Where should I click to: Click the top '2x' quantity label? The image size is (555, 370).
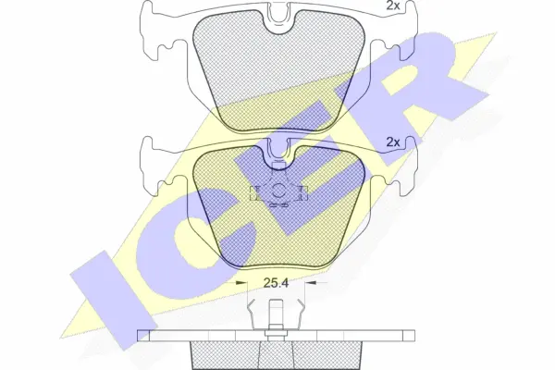click(392, 6)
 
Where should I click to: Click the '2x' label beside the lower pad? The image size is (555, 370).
click(392, 142)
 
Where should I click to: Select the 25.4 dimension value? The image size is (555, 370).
click(276, 283)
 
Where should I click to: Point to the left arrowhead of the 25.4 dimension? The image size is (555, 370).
click(241, 282)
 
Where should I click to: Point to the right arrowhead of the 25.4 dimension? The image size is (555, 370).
click(311, 282)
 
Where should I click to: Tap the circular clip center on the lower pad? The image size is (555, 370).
click(278, 191)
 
